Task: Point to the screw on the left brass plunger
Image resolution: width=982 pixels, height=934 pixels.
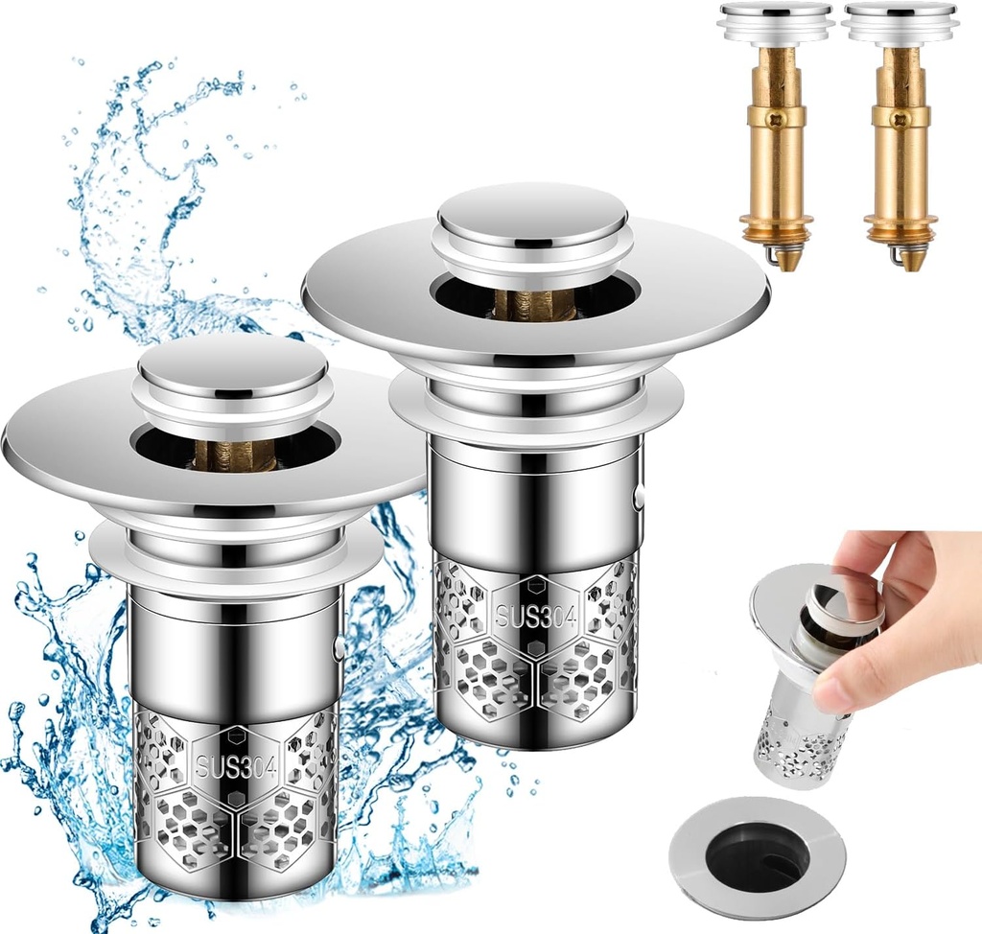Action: point(776,122)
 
